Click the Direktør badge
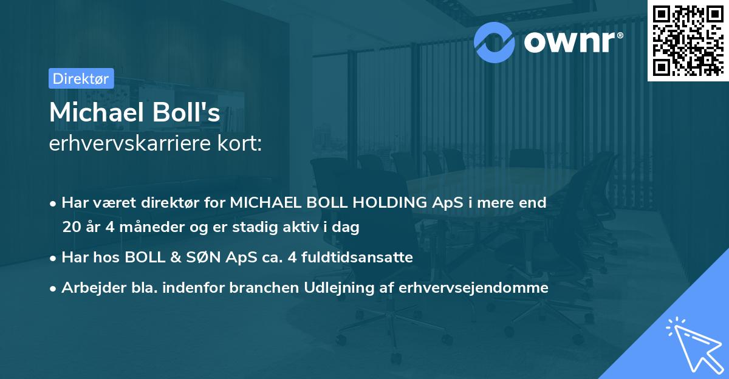[x=81, y=78]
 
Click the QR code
[x=687, y=40]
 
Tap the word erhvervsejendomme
[x=474, y=288]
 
